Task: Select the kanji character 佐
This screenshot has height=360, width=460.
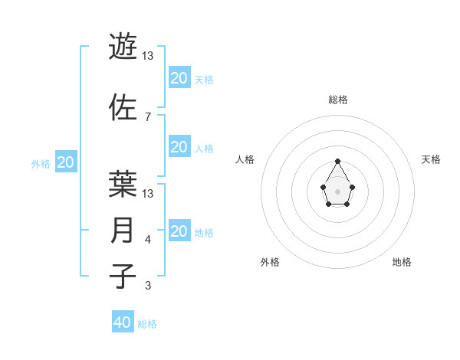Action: (x=123, y=106)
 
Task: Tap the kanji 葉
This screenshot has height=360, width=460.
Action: (x=123, y=183)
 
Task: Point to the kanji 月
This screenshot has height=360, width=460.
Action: (x=123, y=230)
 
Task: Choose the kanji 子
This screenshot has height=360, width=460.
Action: (x=123, y=276)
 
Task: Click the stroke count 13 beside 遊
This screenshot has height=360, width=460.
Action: (x=148, y=56)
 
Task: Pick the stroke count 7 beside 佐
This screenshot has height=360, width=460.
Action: (x=148, y=116)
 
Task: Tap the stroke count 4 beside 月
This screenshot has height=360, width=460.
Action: (x=148, y=240)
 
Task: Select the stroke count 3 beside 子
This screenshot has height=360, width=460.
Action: (x=148, y=286)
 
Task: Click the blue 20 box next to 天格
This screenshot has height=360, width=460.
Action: (x=179, y=78)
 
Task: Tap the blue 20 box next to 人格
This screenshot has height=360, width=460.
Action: (x=179, y=147)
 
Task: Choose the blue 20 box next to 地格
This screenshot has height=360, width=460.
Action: (x=179, y=231)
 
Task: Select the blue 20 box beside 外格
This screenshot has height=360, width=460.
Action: (x=66, y=162)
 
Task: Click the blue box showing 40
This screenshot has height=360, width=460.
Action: (x=123, y=322)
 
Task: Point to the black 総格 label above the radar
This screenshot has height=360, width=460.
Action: (x=337, y=100)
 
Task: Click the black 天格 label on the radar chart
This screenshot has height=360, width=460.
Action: (x=431, y=159)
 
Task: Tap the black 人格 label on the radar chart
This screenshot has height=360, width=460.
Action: (x=245, y=159)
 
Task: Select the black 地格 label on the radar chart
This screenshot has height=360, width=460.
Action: (x=402, y=262)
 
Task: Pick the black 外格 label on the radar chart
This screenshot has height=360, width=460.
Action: (x=270, y=262)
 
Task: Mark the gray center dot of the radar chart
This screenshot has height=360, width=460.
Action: (x=337, y=190)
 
